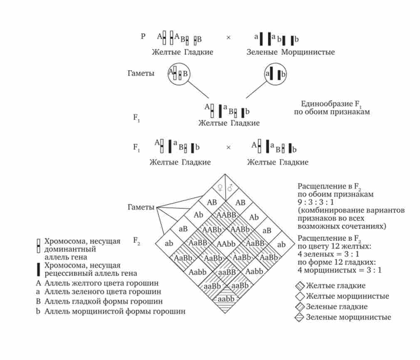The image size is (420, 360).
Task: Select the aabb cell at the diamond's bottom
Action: [225, 299]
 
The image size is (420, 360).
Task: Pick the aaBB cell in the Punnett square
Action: [225, 272]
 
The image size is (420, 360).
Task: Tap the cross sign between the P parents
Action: [228, 37]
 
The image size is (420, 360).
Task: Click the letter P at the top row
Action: [143, 36]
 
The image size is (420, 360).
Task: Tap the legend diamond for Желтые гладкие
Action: [300, 286]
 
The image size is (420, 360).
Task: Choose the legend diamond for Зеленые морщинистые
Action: [300, 318]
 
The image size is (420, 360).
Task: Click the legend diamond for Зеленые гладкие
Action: [300, 307]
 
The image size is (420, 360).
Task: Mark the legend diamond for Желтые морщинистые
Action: [300, 296]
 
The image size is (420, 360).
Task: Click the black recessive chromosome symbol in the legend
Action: [39, 269]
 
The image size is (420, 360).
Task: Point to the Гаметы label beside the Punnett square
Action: [141, 207]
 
